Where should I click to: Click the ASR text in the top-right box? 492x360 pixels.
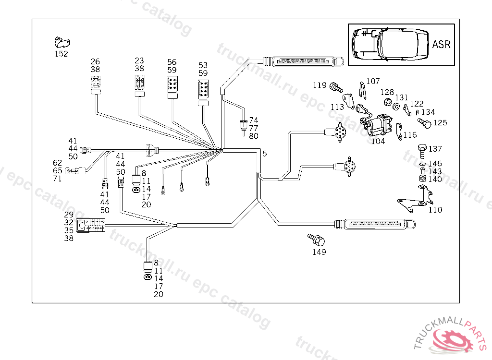(x=441, y=45)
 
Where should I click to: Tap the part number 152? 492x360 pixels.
(x=61, y=54)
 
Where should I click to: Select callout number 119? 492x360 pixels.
(x=320, y=85)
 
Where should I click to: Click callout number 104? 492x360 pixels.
(x=378, y=141)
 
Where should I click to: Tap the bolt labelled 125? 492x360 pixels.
(x=425, y=122)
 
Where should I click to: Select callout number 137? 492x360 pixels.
(x=435, y=149)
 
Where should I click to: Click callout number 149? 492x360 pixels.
(x=319, y=252)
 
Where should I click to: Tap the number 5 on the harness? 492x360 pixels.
(x=264, y=154)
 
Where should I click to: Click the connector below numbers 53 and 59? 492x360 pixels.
(x=203, y=91)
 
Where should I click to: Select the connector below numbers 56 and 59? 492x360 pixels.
(x=172, y=87)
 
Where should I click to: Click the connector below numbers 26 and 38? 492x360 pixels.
(x=95, y=84)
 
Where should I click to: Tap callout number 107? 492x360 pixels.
(x=373, y=82)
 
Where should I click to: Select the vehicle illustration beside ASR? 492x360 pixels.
(x=388, y=44)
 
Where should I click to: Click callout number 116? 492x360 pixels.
(x=410, y=135)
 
